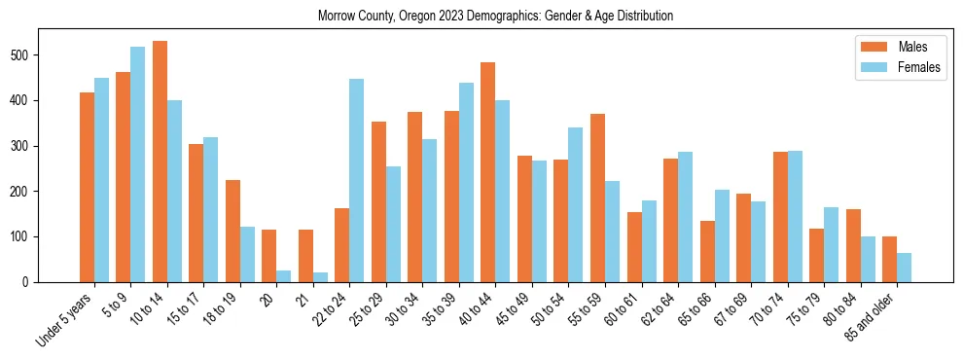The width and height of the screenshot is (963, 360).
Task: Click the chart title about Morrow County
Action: (495, 17)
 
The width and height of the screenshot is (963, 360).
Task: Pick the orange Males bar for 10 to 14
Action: (160, 162)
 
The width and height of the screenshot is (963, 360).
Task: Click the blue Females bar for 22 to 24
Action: (357, 181)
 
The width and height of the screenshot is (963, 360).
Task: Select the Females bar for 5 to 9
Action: (137, 164)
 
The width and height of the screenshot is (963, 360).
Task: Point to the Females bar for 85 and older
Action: (904, 268)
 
